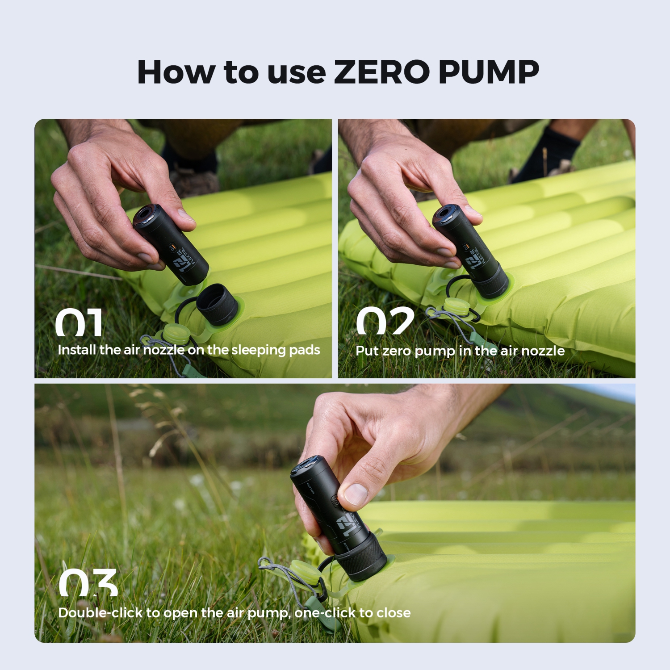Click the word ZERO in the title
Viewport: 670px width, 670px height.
pos(381,72)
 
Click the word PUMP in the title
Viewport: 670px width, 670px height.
pos(489,72)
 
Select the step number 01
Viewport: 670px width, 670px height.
pos(79,322)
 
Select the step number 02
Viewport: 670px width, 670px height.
pos(385,321)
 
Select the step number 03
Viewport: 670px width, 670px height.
pos(88,583)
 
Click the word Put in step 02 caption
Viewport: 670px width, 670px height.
pos(367,351)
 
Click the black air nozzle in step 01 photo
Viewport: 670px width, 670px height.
pos(217,304)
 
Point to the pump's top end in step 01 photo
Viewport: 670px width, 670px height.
pos(146,215)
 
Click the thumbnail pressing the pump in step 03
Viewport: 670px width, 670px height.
pos(356,494)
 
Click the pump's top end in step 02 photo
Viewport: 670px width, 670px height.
pos(445,214)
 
